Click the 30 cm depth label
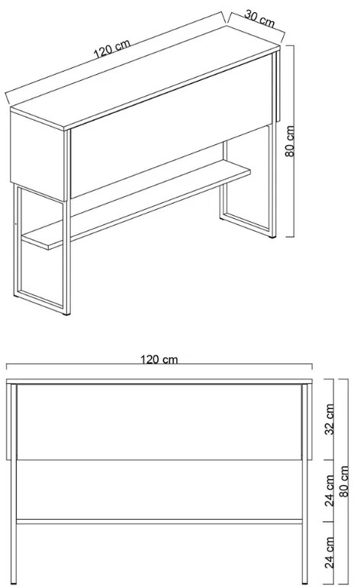click(x=259, y=19)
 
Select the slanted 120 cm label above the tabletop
click(x=111, y=49)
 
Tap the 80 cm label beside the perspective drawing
click(x=290, y=141)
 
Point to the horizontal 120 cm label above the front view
click(x=159, y=359)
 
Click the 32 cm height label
click(x=329, y=419)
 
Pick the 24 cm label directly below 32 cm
click(x=329, y=491)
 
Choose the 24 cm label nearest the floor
click(x=329, y=552)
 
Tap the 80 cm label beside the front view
click(x=344, y=481)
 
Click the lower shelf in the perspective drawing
click(x=137, y=204)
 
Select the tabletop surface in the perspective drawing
click(x=146, y=78)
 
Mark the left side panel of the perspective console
click(x=37, y=156)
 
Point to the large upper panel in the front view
click(x=159, y=422)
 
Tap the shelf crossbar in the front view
click(x=159, y=521)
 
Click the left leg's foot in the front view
click(x=14, y=582)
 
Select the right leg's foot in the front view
click(x=305, y=582)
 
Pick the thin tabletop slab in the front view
click(x=159, y=382)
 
